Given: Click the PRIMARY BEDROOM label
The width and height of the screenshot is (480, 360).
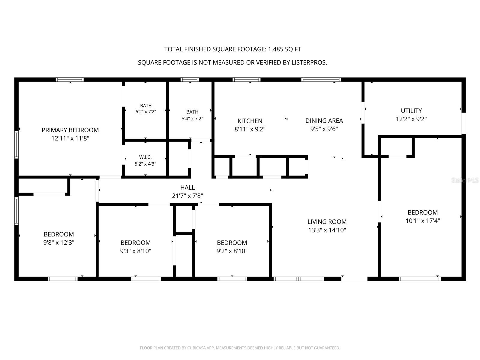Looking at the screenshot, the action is click(70, 130).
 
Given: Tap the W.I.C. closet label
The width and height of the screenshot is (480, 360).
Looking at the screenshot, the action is click(145, 157).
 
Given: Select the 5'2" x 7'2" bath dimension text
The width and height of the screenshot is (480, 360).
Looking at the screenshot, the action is click(146, 112).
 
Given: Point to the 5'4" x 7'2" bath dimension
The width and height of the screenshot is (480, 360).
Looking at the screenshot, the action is click(192, 119).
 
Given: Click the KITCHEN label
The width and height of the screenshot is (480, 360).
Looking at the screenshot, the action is click(250, 121).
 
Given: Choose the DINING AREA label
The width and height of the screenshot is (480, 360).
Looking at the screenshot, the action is click(324, 121).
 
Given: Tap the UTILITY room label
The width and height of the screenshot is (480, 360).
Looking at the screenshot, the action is click(411, 111).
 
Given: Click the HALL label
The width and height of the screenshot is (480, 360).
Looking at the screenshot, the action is click(187, 187).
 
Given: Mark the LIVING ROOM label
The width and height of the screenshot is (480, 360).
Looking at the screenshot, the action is click(327, 222).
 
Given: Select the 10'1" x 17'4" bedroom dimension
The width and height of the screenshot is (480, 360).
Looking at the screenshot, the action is click(422, 221).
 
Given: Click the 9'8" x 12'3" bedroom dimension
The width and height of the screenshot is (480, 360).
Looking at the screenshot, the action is click(58, 243).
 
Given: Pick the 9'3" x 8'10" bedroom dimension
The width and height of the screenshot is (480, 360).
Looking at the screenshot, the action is click(136, 251).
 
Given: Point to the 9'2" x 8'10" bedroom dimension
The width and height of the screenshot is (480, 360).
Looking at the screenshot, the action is click(232, 251).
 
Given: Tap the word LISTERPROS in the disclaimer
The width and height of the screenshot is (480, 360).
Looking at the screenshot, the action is click(309, 63).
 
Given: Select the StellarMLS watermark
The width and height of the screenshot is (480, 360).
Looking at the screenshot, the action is click(465, 180).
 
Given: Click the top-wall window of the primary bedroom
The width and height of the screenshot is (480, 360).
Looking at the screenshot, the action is click(70, 79).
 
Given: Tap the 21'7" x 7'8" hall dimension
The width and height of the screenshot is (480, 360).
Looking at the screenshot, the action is click(187, 196).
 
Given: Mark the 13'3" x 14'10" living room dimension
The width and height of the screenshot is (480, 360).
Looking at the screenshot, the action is click(327, 230).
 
